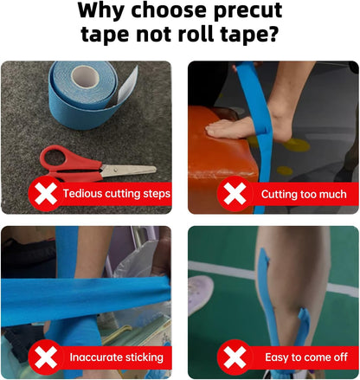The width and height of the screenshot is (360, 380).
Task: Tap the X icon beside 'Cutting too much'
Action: pyautogui.click(x=235, y=194)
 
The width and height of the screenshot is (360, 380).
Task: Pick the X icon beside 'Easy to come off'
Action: pyautogui.click(x=235, y=357)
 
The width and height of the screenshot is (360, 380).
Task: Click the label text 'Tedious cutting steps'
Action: pyautogui.click(x=116, y=194)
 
